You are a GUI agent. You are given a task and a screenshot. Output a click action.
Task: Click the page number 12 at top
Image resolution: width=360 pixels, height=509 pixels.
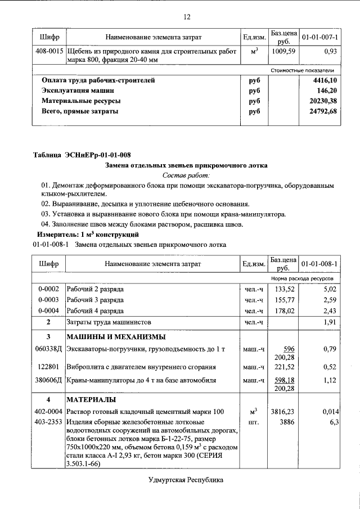pos(187,17)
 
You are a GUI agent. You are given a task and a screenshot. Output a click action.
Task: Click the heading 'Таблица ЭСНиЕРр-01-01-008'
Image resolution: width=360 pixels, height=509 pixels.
pos(82,155)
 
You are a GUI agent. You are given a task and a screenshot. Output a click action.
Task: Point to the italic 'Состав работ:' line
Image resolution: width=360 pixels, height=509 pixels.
pos(186,175)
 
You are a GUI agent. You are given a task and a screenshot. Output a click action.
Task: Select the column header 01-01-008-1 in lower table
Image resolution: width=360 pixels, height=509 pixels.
pos(319,263)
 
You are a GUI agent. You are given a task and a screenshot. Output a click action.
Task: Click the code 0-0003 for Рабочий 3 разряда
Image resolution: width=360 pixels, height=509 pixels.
pos(49,300)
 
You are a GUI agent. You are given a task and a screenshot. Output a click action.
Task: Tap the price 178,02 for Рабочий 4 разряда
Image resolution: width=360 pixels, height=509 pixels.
pos(284,310)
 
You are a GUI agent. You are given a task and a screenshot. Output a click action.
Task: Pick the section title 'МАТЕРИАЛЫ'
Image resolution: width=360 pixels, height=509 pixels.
pos(92,400)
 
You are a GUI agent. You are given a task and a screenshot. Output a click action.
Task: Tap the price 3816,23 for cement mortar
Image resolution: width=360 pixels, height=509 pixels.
pos(283,412)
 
